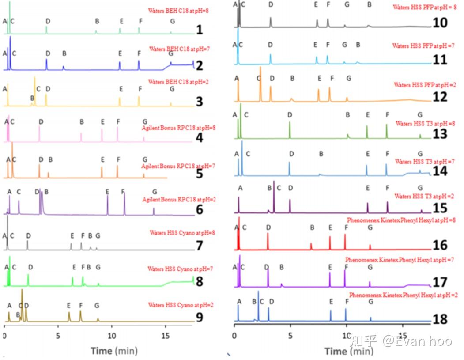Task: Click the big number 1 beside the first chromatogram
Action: click(200, 30)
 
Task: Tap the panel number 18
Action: click(440, 319)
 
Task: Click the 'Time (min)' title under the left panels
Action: click(114, 351)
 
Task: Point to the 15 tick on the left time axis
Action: click(166, 335)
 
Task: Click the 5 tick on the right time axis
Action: click(290, 335)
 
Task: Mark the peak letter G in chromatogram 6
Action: click(155, 192)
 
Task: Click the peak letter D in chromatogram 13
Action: click(290, 115)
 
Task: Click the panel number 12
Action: click(440, 97)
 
